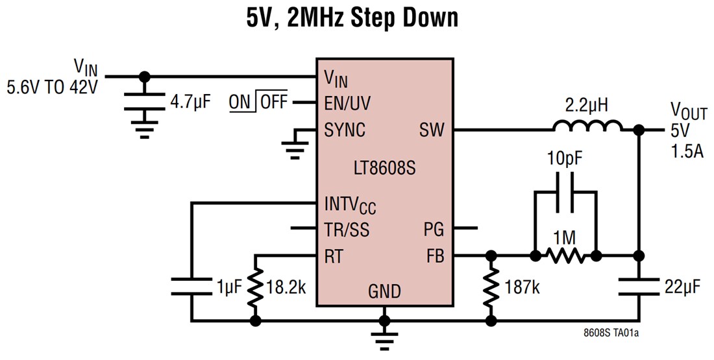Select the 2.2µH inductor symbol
[x=587, y=125]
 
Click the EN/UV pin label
[x=348, y=103]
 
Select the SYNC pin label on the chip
[x=345, y=130]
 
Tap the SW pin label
[x=432, y=130]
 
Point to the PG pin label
[x=434, y=228]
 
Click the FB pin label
[x=435, y=256]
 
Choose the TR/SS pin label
[x=349, y=228]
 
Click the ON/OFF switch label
[x=258, y=102]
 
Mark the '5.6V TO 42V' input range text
[x=52, y=86]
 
